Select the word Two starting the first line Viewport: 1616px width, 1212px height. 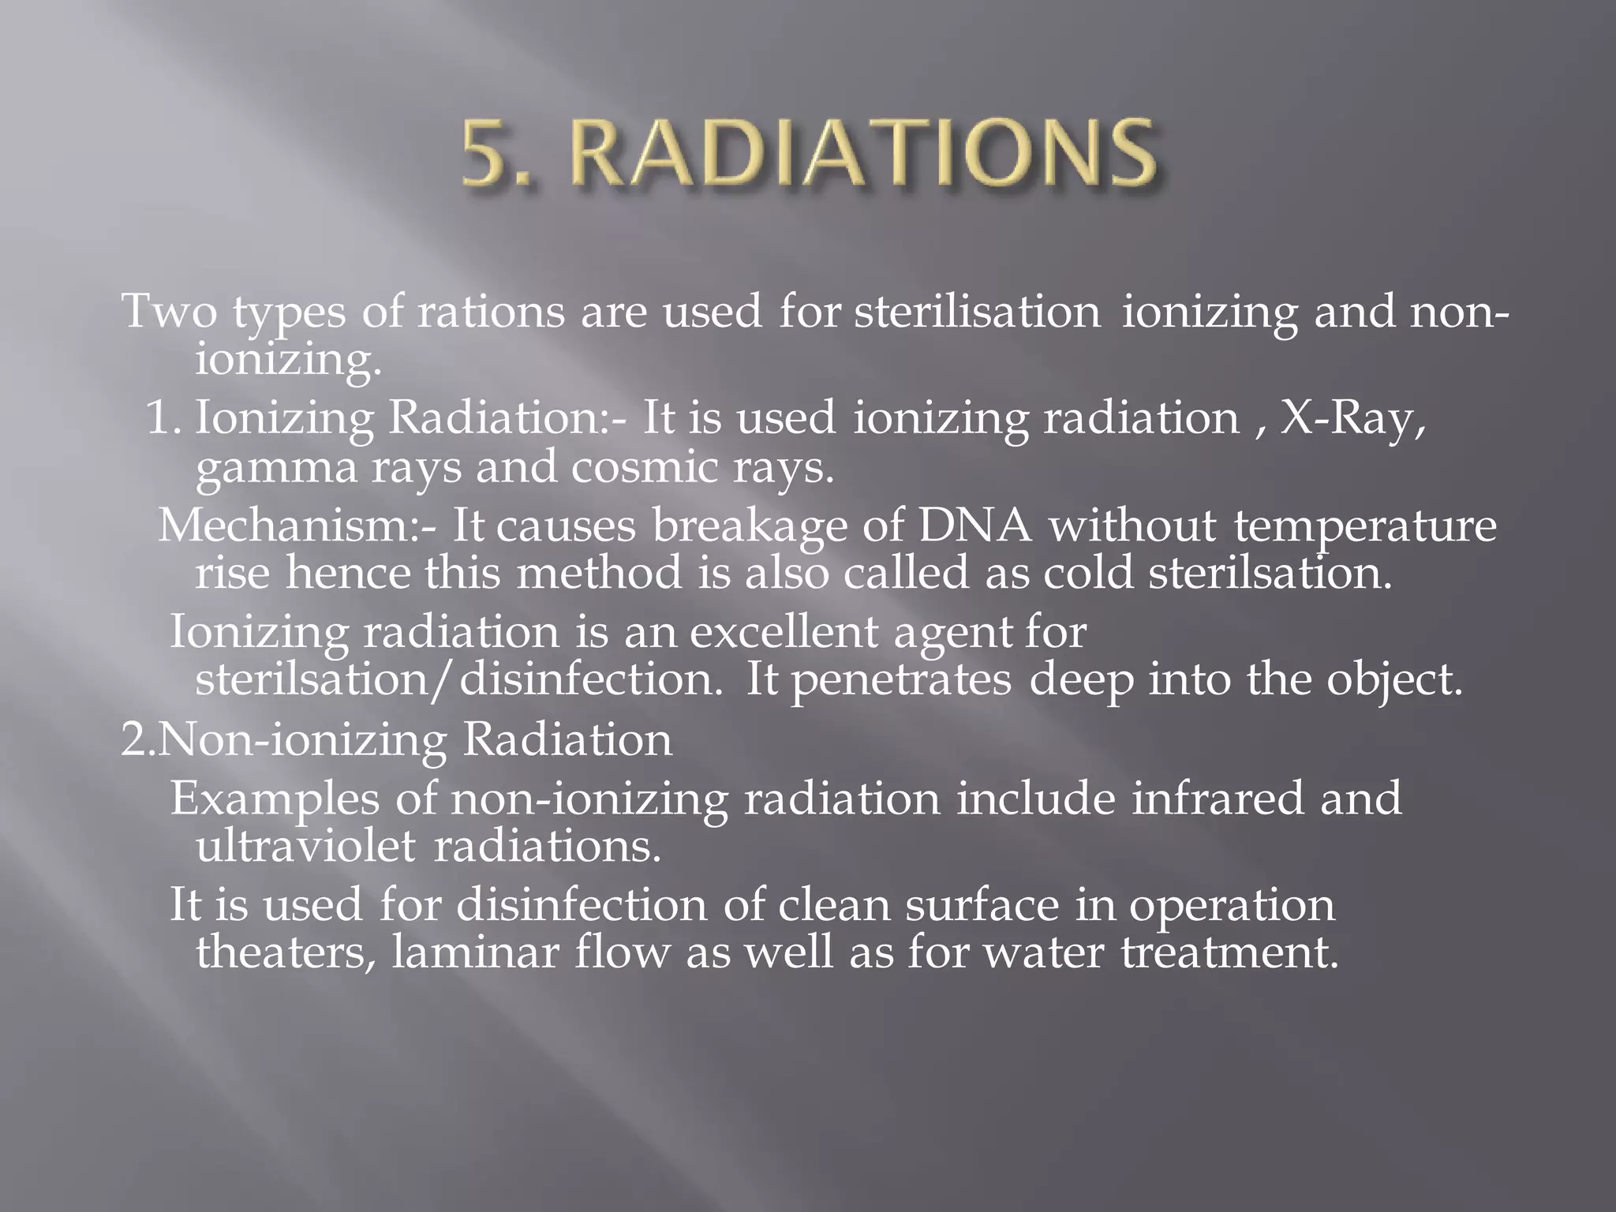pos(169,311)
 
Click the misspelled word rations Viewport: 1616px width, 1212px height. pos(491,311)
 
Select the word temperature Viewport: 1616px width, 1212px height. pos(1364,527)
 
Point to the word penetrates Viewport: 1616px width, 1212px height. pos(901,680)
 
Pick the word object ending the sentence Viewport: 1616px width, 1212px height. pos(1393,680)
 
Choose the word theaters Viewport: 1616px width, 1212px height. pos(286,952)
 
